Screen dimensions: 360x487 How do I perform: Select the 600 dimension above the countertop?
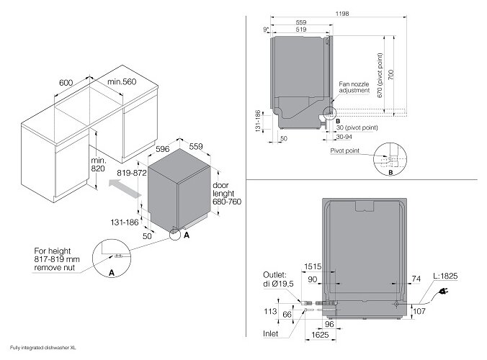[x=66, y=83]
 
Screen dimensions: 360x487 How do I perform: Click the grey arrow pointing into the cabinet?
[x=121, y=191]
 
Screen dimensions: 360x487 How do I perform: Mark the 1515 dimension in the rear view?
[x=313, y=266]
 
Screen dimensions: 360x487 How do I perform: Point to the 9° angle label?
[x=267, y=28]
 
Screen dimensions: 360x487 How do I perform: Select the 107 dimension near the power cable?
[x=418, y=311]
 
